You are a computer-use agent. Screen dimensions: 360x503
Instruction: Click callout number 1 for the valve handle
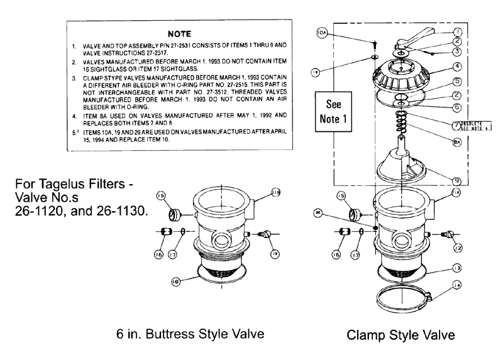(x=457, y=30)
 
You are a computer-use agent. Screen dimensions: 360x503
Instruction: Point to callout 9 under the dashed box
(x=458, y=181)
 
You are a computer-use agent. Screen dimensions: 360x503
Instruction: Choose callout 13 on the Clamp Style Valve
(x=457, y=268)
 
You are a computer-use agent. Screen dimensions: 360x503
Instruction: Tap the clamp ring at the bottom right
(x=400, y=295)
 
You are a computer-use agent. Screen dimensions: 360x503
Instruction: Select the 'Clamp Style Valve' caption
(x=401, y=335)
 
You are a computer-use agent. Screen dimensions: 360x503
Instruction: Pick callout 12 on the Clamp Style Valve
(x=458, y=248)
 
